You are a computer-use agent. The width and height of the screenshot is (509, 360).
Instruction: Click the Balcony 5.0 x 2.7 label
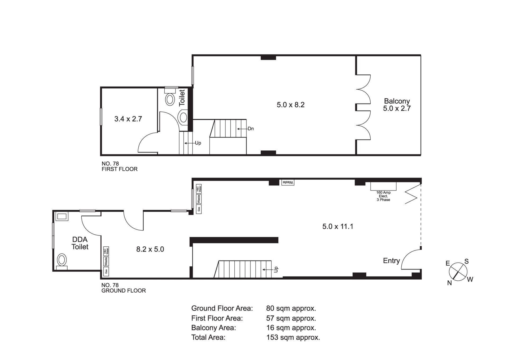(x=397, y=105)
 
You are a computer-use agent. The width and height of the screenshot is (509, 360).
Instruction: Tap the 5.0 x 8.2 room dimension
(x=291, y=105)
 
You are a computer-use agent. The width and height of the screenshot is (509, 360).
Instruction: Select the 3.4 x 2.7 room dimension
(x=128, y=119)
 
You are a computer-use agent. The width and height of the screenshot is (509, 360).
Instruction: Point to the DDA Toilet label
(x=80, y=243)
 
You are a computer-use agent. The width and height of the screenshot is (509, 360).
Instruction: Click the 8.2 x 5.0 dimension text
(x=150, y=249)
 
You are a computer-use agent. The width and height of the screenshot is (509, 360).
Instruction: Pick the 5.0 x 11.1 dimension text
(x=338, y=227)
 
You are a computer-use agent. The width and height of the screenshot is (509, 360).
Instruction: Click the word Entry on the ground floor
(x=391, y=261)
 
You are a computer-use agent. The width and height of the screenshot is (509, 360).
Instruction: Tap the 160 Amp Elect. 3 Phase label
(x=383, y=196)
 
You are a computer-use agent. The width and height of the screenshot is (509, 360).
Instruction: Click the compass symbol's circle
(x=458, y=271)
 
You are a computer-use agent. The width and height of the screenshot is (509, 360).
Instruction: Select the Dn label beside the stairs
(x=251, y=129)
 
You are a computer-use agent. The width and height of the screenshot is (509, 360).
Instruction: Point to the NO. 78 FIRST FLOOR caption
(x=120, y=166)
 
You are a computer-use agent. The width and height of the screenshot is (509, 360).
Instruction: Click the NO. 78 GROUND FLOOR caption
(x=124, y=288)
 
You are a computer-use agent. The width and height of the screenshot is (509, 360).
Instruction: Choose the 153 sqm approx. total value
(x=293, y=337)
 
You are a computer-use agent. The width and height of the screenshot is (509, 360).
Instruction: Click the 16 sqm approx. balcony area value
(x=291, y=328)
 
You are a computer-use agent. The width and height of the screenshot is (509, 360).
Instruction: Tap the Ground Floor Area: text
(x=222, y=308)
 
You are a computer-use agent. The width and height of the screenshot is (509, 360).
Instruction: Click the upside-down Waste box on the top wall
(x=288, y=183)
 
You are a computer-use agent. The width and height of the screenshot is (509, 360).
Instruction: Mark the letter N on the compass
(x=449, y=283)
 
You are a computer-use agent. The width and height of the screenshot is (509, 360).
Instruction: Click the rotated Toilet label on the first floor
(x=182, y=98)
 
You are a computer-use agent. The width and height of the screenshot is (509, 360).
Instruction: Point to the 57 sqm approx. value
(x=291, y=318)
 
